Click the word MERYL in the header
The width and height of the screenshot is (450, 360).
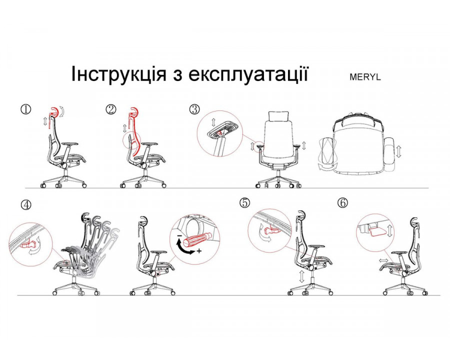(x=365, y=77)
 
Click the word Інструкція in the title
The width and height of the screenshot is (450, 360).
(x=118, y=74)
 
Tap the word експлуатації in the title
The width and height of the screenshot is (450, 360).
(x=248, y=74)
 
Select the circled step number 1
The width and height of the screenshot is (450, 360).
(x=26, y=109)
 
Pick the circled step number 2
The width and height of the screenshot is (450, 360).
(x=111, y=109)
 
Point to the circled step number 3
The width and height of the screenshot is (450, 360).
(x=194, y=109)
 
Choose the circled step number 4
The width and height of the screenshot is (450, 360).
(x=26, y=204)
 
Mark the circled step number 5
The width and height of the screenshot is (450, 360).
(x=244, y=202)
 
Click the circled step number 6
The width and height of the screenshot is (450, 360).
(x=342, y=203)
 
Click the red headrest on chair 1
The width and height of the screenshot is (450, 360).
(x=54, y=112)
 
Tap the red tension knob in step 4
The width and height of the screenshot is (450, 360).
(x=195, y=239)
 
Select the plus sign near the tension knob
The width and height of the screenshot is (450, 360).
(x=199, y=251)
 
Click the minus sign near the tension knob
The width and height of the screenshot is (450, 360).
(x=179, y=235)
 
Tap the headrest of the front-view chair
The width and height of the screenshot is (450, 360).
(x=278, y=116)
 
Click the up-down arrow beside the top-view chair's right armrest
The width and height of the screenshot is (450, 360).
(x=398, y=151)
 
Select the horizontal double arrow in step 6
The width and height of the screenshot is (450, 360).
(x=384, y=260)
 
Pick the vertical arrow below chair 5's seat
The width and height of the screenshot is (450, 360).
(x=301, y=276)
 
